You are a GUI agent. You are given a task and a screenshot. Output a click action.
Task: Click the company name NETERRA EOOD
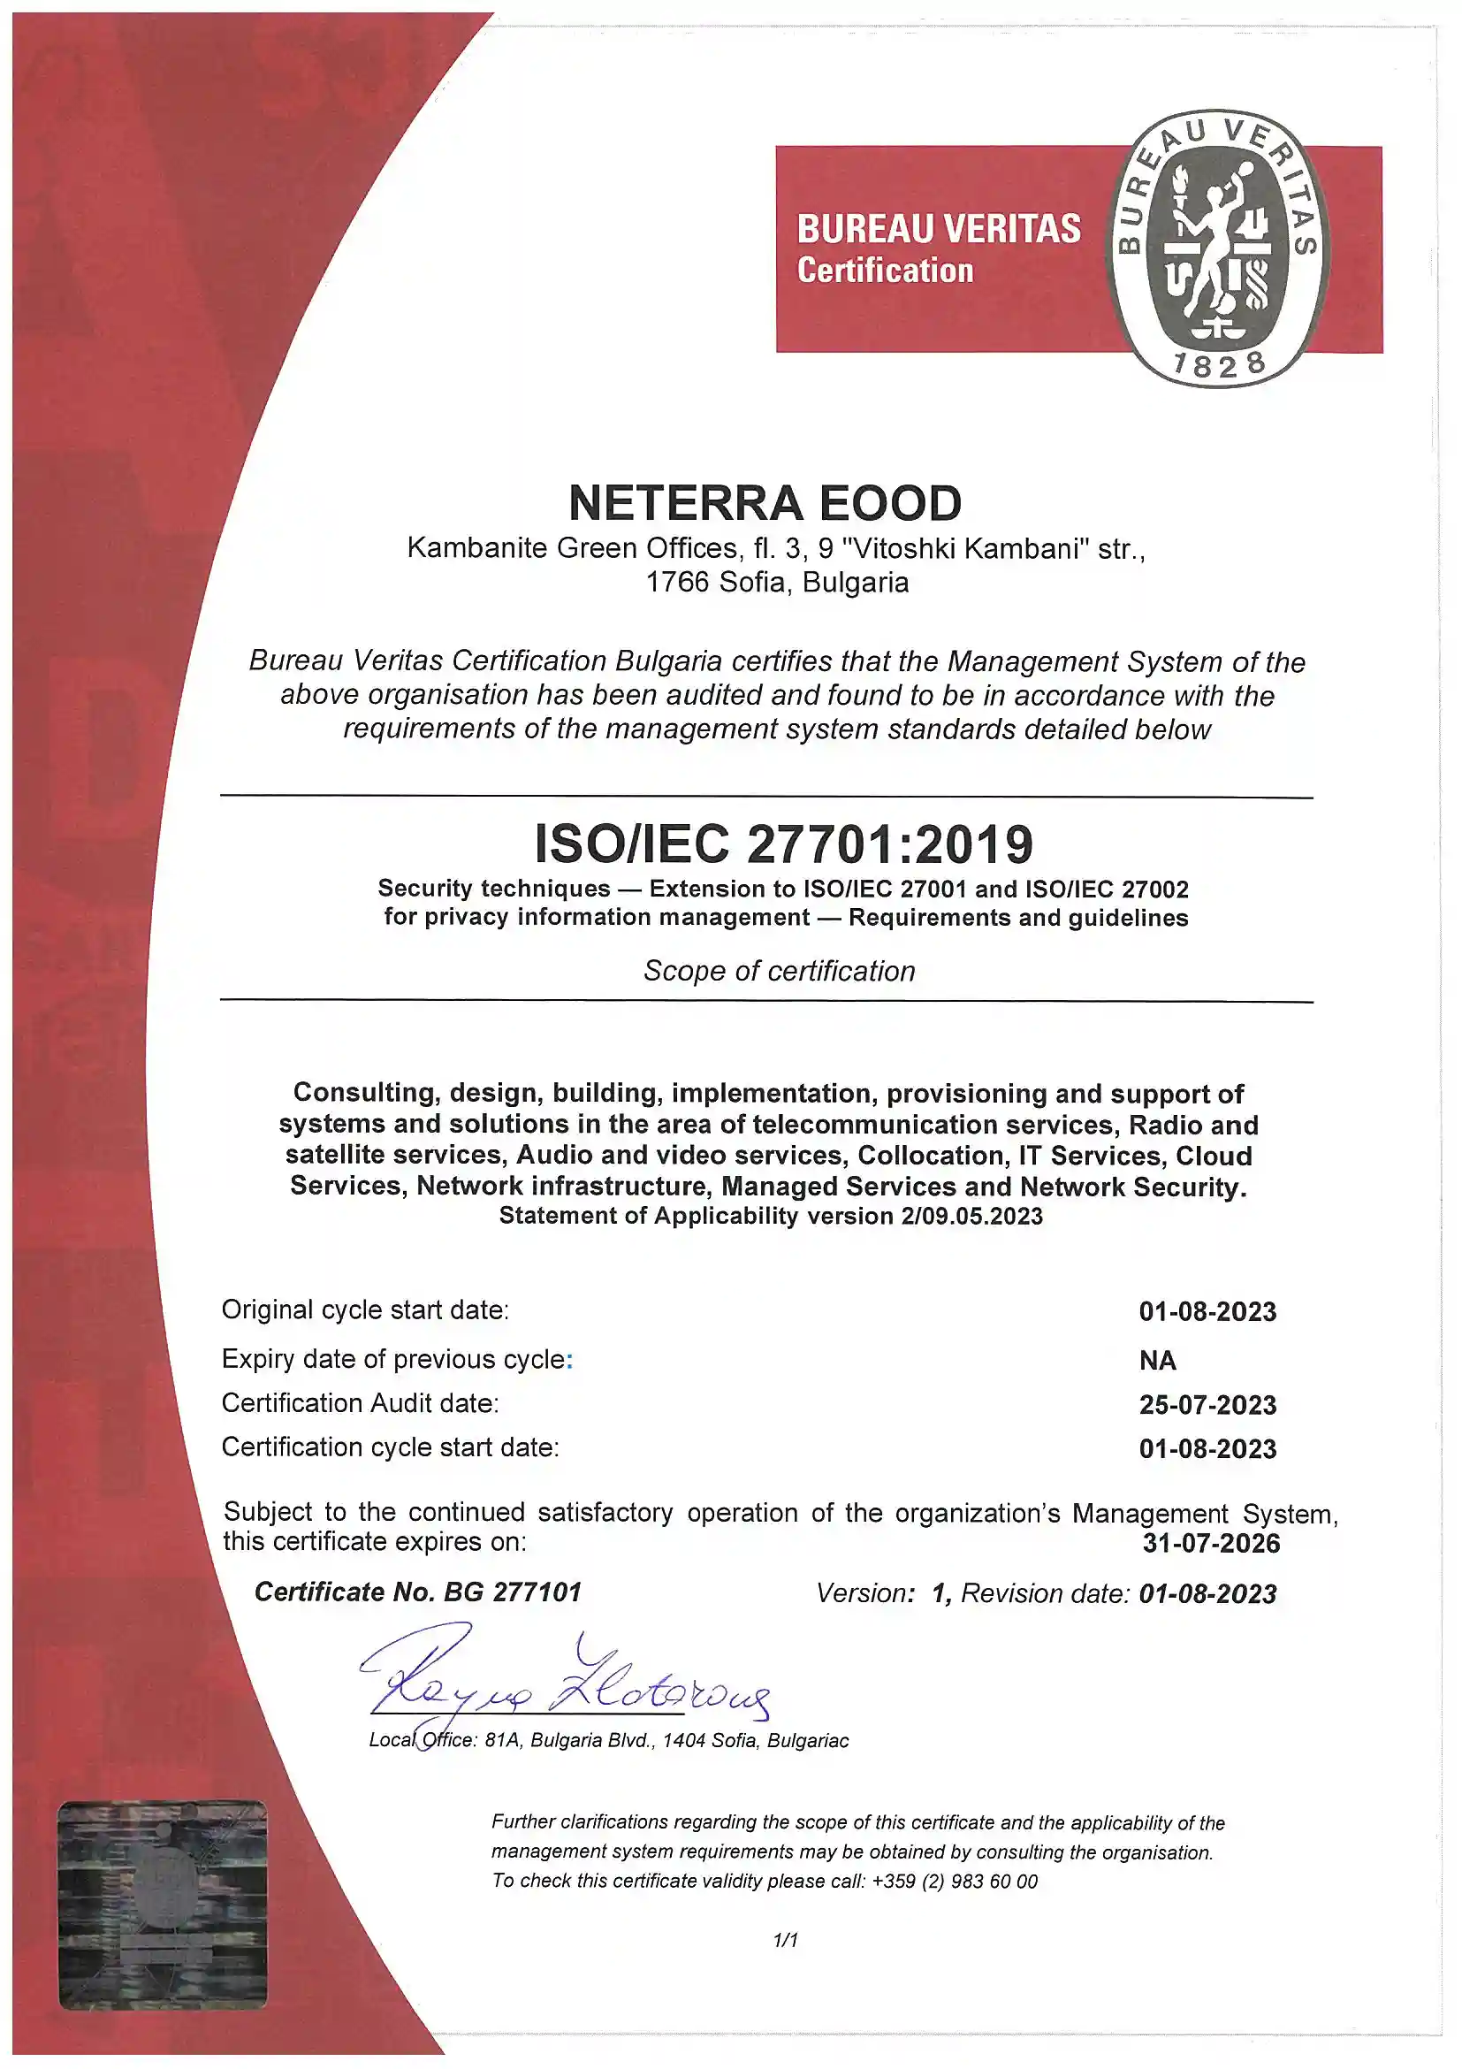[x=765, y=503]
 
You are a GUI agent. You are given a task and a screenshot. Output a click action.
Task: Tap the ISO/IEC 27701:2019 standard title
[x=783, y=844]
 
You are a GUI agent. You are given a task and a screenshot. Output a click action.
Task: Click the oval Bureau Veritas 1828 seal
[x=1218, y=248]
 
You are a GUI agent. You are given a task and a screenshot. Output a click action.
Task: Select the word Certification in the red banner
[x=885, y=271]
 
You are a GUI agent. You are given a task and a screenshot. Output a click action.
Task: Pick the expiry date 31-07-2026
[x=1211, y=1543]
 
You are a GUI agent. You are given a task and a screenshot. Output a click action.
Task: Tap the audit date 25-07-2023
[x=1207, y=1405]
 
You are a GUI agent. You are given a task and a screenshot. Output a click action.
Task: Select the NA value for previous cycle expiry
[x=1158, y=1361]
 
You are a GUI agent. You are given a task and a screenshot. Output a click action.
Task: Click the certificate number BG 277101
[x=513, y=1592]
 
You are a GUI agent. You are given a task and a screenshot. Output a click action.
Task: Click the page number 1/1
[x=786, y=1940]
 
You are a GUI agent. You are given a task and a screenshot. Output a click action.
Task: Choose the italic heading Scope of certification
[x=780, y=972]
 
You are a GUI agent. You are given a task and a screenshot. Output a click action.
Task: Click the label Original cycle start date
[x=365, y=1309]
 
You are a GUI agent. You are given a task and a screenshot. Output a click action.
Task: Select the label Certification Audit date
[x=360, y=1403]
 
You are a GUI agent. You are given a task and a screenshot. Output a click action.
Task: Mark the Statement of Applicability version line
[x=770, y=1217]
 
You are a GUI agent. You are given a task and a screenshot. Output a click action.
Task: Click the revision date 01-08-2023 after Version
[x=1207, y=1594]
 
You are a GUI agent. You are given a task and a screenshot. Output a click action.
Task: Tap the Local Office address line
[x=609, y=1740]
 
